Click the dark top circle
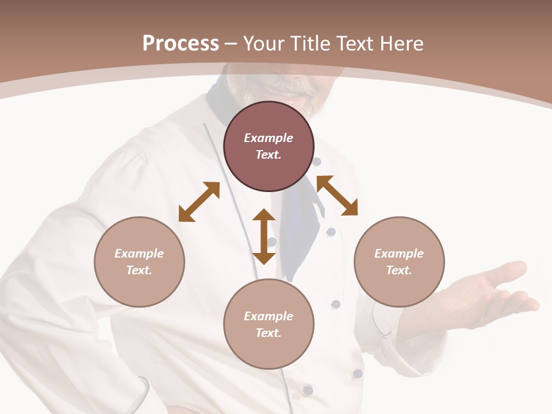click(269, 146)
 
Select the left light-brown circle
click(139, 262)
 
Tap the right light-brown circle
click(399, 262)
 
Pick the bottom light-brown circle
click(269, 324)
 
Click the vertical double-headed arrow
click(264, 236)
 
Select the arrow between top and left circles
click(199, 202)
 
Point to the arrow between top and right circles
click(337, 195)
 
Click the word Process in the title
click(181, 43)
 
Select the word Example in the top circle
click(269, 138)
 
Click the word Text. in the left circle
click(139, 270)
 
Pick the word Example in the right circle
click(399, 254)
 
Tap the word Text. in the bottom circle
click(269, 333)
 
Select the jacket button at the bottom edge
click(308, 390)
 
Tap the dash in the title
click(231, 44)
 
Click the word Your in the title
click(264, 43)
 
